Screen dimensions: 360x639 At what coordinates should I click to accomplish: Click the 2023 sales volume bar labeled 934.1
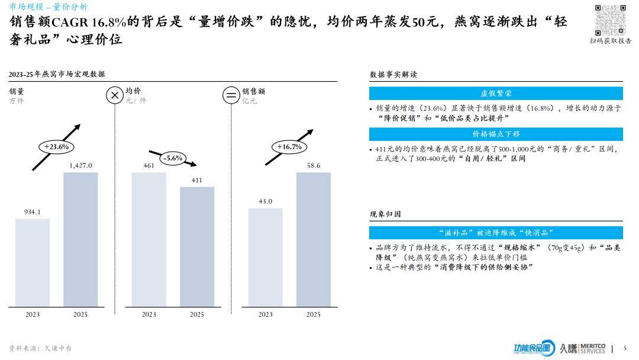[33, 263]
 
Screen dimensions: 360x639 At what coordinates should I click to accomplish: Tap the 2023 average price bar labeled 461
[149, 240]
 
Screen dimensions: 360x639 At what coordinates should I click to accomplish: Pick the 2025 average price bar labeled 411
[197, 247]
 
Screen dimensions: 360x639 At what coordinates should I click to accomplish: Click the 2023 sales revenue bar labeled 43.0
[266, 258]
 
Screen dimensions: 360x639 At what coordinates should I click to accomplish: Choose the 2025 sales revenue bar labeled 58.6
[314, 240]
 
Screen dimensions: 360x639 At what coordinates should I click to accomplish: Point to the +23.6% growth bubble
[57, 146]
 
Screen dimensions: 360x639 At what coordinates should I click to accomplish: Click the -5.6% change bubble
[173, 158]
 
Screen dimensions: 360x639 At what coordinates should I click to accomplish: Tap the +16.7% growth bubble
[289, 146]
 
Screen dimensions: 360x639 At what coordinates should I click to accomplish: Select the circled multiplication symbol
[114, 95]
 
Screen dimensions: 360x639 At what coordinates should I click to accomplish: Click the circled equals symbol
[230, 95]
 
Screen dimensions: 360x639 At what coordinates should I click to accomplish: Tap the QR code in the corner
[610, 20]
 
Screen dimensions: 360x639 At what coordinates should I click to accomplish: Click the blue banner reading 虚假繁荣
[496, 94]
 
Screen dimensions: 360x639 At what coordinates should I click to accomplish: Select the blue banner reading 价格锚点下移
[496, 134]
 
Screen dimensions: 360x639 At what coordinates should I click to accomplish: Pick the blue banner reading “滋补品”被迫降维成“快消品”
[496, 233]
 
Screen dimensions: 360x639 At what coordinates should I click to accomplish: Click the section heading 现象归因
[385, 214]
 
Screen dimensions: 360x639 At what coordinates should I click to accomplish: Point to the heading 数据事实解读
[393, 75]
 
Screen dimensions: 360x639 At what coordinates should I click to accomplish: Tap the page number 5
[625, 348]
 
